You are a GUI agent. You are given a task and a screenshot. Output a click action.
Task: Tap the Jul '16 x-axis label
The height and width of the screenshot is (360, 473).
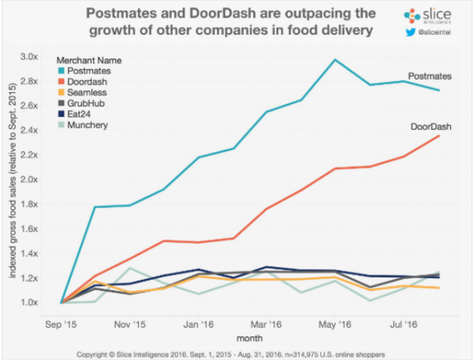coord(405,323)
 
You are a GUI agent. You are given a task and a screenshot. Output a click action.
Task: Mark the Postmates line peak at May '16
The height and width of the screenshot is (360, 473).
coord(336,60)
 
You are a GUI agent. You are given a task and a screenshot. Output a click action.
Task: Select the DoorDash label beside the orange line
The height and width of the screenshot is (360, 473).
coord(430,126)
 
